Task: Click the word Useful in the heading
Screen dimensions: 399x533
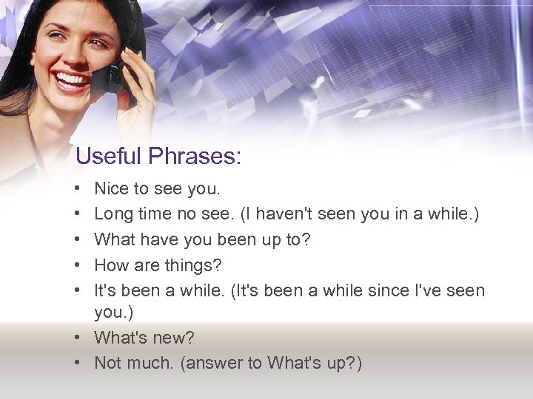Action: [108, 157]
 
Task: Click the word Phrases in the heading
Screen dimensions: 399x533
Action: [195, 157]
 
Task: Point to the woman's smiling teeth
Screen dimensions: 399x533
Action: [71, 79]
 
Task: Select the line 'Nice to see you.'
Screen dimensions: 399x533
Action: [157, 189]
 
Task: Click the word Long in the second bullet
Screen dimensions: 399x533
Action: [113, 214]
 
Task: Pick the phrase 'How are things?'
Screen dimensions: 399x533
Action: [158, 265]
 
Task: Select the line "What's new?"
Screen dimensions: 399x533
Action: [144, 338]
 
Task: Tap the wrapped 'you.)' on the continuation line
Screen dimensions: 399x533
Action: [113, 313]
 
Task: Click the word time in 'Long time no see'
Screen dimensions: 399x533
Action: [157, 214]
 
